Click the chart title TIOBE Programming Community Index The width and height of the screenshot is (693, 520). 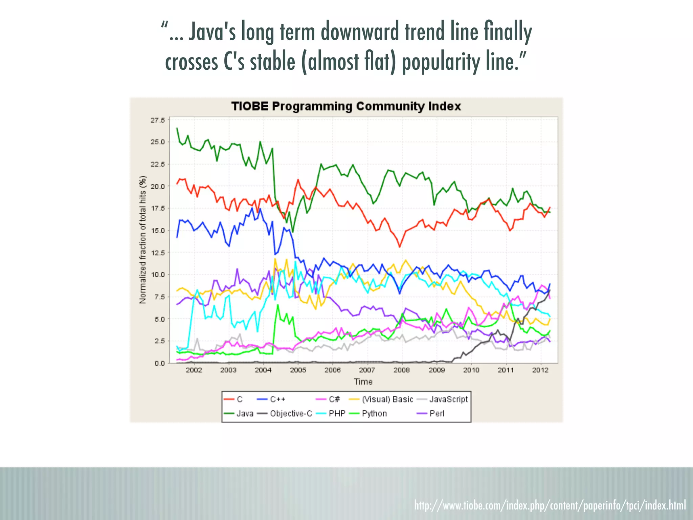(346, 106)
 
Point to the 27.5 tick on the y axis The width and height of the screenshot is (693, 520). (158, 120)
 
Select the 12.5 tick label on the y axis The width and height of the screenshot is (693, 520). (158, 253)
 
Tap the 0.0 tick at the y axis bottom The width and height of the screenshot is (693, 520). (159, 363)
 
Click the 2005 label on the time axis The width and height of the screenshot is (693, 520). (298, 370)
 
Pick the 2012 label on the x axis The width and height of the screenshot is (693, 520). (540, 370)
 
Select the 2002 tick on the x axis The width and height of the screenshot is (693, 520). (194, 370)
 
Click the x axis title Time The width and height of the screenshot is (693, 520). (363, 382)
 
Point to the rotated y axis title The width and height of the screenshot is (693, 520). (143, 240)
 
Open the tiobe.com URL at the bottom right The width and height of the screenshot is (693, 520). (550, 505)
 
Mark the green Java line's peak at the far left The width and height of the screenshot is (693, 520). (177, 128)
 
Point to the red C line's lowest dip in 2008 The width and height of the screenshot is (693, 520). (400, 247)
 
